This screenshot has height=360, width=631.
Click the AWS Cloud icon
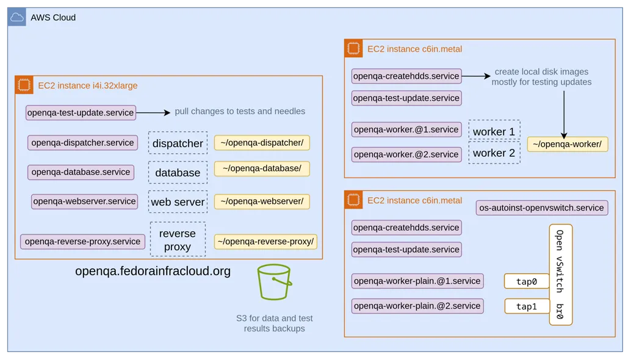click(16, 17)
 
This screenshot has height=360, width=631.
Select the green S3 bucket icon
click(275, 282)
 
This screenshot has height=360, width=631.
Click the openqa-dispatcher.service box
click(82, 143)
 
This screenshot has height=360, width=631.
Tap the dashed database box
click(178, 173)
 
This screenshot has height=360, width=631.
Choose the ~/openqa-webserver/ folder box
click(262, 201)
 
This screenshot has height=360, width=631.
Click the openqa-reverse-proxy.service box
click(82, 242)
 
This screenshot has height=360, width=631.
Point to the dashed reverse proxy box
click(178, 240)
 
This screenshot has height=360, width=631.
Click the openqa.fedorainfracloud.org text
click(153, 271)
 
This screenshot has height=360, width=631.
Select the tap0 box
click(526, 281)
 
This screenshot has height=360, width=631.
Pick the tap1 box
click(526, 306)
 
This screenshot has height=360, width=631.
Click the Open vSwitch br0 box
click(560, 275)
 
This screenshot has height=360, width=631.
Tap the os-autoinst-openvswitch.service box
click(542, 208)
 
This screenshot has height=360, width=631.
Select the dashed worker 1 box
click(494, 131)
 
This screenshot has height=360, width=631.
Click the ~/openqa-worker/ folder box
click(567, 145)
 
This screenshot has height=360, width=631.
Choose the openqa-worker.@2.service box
click(406, 154)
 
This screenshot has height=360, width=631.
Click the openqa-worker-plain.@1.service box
click(417, 281)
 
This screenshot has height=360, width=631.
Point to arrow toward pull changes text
click(153, 112)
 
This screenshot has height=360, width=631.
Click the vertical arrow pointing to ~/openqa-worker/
click(564, 115)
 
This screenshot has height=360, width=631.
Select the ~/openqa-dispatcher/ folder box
click(262, 143)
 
